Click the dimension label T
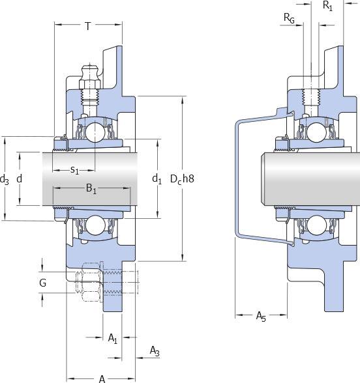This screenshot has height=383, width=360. point(88,26)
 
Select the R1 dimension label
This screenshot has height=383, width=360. point(327,5)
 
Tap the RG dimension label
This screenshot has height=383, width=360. point(289,18)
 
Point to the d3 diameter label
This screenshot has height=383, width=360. point(4,180)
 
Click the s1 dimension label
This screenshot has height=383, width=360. point(74,170)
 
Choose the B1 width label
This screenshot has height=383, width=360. point(91,189)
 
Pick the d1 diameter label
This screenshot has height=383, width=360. point(157,179)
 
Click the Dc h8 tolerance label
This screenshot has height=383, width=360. point(182,179)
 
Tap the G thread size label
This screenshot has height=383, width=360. point(42,283)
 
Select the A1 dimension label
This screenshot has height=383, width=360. point(113,339)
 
